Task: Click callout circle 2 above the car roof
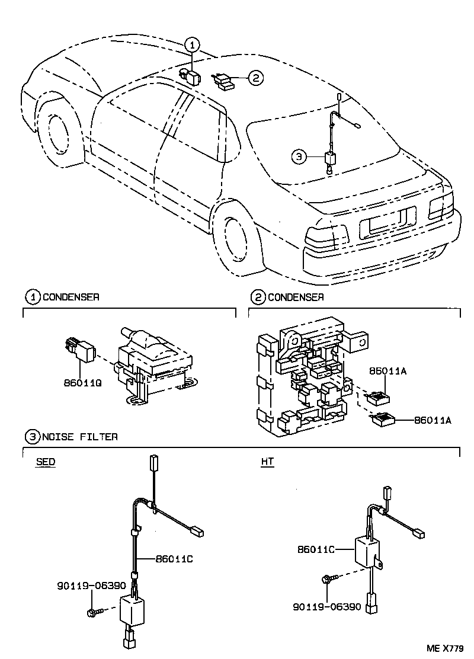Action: tap(255, 78)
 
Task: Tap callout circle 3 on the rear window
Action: tap(299, 156)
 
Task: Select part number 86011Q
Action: tap(84, 383)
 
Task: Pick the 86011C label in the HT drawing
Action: tap(316, 549)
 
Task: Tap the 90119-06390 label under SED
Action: tap(91, 586)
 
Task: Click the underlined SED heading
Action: tap(45, 462)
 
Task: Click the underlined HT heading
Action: tap(267, 462)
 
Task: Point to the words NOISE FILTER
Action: tap(80, 437)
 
